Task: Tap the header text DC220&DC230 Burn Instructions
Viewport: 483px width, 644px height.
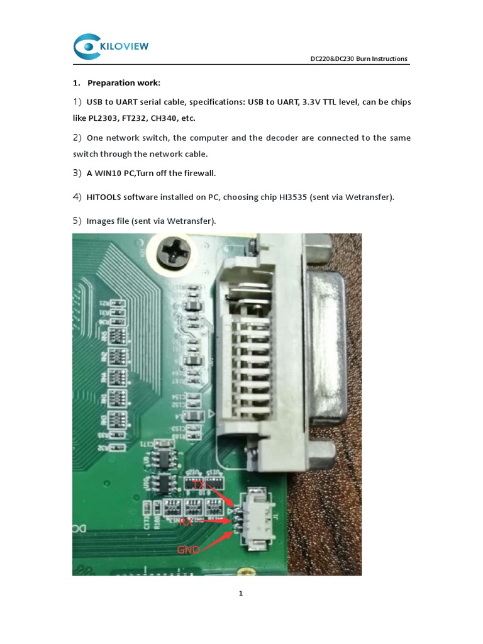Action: (x=359, y=59)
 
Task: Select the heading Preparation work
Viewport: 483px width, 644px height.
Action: (x=124, y=82)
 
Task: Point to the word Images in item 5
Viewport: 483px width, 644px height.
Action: (x=101, y=221)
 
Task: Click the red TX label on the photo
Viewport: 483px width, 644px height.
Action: (x=200, y=485)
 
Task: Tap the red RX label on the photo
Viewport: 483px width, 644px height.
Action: (x=187, y=521)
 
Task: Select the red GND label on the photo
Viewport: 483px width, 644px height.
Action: (x=189, y=550)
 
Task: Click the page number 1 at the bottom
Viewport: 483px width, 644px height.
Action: (x=241, y=594)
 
